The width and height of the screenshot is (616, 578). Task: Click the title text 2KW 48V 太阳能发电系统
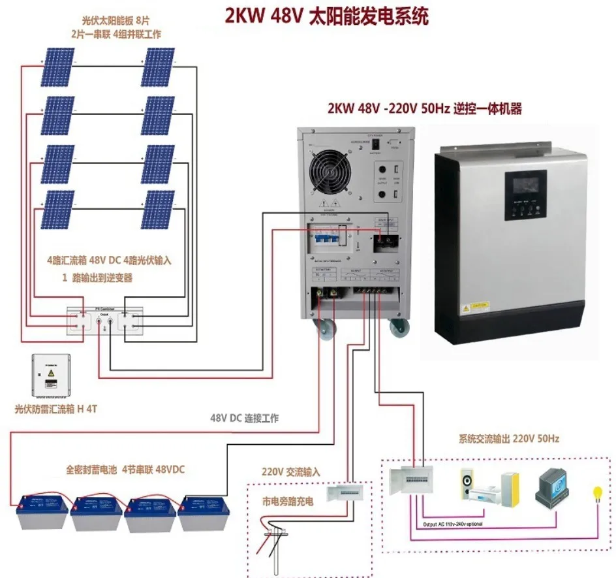[326, 16]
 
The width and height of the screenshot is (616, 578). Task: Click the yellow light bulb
[596, 492]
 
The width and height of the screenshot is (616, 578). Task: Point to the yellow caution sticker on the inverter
[474, 305]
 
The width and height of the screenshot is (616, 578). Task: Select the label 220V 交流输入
[291, 471]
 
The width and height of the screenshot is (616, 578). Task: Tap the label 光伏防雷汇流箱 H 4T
[55, 409]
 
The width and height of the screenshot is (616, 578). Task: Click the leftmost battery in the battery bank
[40, 513]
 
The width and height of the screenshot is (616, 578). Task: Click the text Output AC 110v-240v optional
[454, 524]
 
